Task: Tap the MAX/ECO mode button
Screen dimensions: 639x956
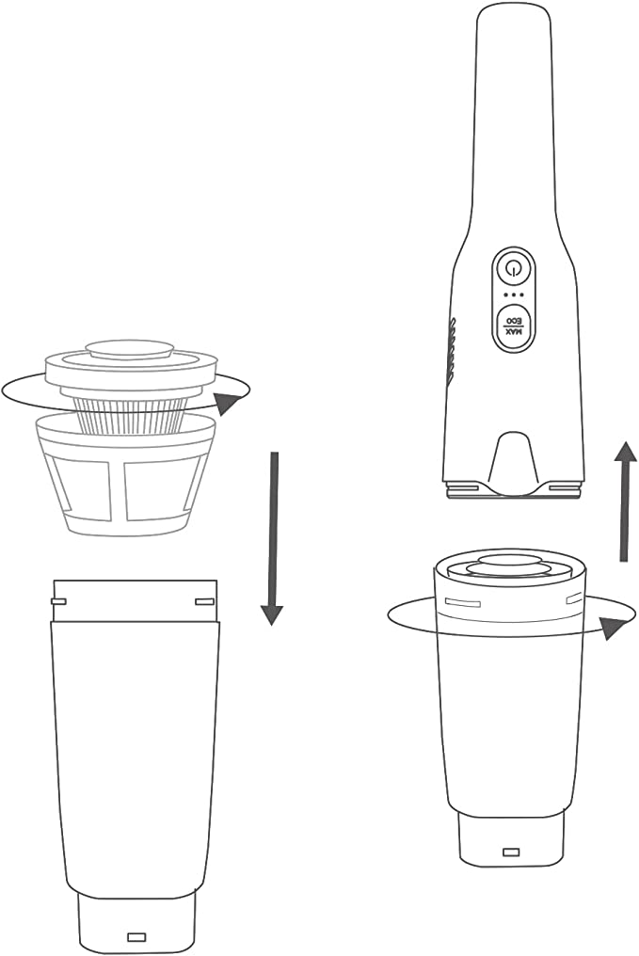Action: coord(514,327)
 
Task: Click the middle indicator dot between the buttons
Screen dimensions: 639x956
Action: coord(514,295)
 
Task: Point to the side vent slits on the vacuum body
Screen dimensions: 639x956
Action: coord(452,353)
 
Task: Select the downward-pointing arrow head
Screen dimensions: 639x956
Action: coord(272,615)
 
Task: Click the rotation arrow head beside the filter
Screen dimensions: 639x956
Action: coord(228,403)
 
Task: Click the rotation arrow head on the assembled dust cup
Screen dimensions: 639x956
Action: coord(614,628)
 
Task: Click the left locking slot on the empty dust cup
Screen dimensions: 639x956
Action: coord(58,602)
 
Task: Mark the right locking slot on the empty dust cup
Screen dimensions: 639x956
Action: coord(204,602)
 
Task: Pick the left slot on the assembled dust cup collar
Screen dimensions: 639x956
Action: coord(463,603)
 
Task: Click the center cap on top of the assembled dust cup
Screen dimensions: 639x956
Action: coord(511,564)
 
